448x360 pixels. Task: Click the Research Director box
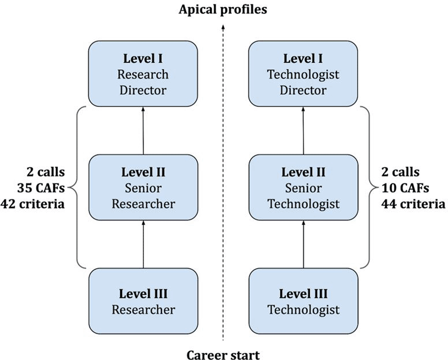[143, 74]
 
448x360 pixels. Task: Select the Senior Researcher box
[143, 187]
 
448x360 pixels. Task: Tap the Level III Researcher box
[143, 301]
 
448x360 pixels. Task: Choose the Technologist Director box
[303, 74]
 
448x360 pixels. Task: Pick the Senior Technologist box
[303, 187]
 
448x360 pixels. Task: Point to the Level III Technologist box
[303, 301]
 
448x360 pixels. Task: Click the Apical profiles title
[223, 10]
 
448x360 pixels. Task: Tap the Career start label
[223, 355]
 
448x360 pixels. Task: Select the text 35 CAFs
[41, 188]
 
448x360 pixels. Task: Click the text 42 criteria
[32, 204]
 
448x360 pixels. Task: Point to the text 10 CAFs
[405, 188]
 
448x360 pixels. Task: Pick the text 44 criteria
[413, 204]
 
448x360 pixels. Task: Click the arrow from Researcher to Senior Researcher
[143, 244]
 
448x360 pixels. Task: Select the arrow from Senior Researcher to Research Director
[143, 131]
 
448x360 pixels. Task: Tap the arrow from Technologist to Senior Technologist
[303, 244]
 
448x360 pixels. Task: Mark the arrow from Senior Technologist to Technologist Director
[303, 131]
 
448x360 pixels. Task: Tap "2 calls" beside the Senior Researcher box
[46, 172]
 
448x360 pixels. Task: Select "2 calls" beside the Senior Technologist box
[400, 172]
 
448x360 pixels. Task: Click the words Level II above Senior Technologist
[303, 172]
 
